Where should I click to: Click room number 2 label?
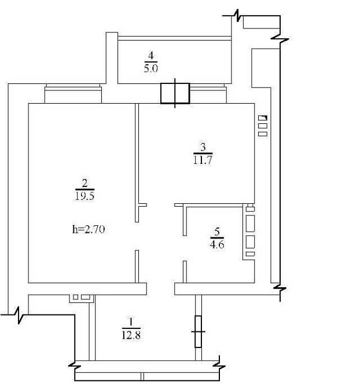click(85, 184)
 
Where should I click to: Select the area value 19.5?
click(85, 196)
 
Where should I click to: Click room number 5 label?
click(217, 233)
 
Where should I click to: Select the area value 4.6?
click(217, 244)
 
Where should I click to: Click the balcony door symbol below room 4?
click(175, 93)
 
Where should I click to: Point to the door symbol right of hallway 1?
click(199, 331)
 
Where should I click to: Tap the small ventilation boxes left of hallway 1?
click(80, 298)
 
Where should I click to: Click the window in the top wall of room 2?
click(74, 93)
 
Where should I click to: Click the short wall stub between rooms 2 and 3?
click(142, 204)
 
